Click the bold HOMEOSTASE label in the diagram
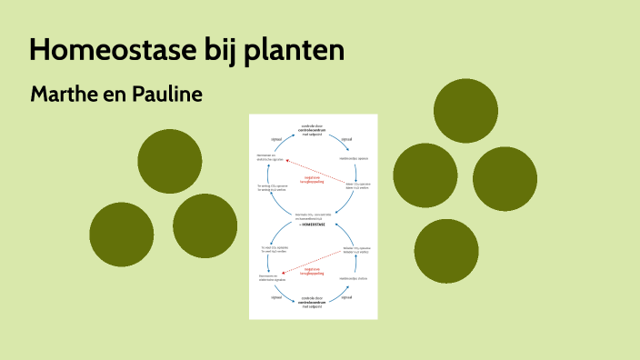pyautogui.click(x=313, y=224)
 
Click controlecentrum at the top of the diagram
pyautogui.click(x=312, y=130)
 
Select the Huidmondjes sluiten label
pyautogui.click(x=353, y=278)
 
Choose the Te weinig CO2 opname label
pyautogui.click(x=272, y=185)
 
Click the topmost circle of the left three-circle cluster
pyautogui.click(x=170, y=160)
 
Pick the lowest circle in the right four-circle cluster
pyautogui.click(x=446, y=251)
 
